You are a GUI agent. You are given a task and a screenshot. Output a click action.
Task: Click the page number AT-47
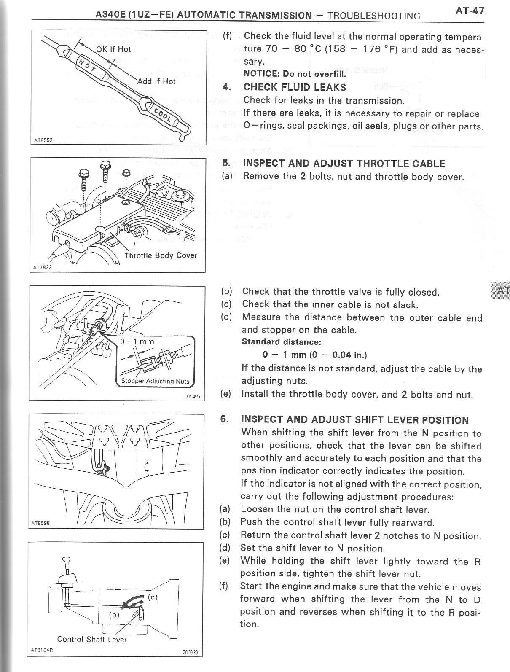pos(470,11)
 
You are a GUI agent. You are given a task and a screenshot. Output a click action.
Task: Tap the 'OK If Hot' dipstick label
pos(113,49)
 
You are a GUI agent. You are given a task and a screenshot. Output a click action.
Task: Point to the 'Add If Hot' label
pos(156,81)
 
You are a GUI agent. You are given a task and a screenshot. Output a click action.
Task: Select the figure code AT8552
pos(43,140)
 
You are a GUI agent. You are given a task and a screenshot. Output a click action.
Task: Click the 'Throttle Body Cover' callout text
pos(161,255)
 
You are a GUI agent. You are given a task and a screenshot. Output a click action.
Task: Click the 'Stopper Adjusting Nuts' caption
pos(155,381)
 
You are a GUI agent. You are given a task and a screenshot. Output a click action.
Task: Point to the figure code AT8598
pos(41,523)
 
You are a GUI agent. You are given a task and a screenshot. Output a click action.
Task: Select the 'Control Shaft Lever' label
pos(92,639)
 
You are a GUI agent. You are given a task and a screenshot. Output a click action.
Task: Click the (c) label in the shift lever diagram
pos(153,597)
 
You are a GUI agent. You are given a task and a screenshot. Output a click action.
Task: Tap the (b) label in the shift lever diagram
pos(114,614)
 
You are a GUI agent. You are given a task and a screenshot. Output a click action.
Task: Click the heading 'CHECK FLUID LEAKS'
pos(295,87)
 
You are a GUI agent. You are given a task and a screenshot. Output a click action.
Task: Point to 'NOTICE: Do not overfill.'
pos(295,74)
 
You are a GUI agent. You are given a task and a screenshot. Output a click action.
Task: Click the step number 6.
pos(225,419)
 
